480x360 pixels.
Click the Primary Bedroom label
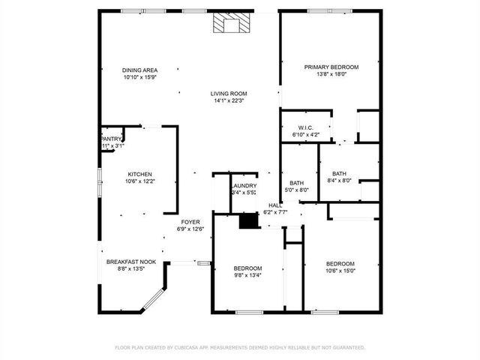point(331,67)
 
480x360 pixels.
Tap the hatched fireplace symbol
point(228,25)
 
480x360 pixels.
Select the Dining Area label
point(140,70)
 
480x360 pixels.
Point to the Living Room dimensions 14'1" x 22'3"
point(229,100)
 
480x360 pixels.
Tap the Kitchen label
point(139,173)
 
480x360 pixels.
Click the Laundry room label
point(244,186)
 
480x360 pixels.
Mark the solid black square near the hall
point(247,220)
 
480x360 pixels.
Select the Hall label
point(274,205)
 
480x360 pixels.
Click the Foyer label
point(190,221)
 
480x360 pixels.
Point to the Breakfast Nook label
point(131,262)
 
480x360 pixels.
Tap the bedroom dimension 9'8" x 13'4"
point(247,275)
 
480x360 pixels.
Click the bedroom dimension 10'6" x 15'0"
point(340,271)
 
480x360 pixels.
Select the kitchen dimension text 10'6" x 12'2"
point(139,181)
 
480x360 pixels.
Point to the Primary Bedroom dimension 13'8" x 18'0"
point(331,74)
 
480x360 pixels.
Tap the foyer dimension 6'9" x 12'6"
point(190,229)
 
